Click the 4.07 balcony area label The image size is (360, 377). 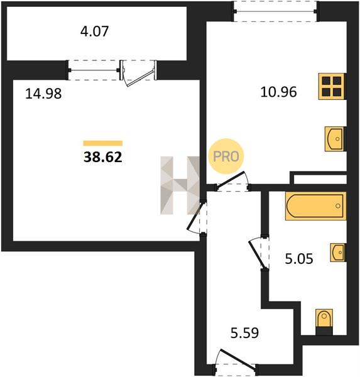tap(94, 31)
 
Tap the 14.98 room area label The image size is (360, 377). tap(43, 94)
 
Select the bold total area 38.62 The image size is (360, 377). tap(103, 157)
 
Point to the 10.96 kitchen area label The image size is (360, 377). tap(278, 92)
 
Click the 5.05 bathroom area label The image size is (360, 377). tap(299, 259)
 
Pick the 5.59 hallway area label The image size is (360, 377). tap(244, 333)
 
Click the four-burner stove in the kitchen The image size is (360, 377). tap(332, 86)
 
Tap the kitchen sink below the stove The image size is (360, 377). tap(335, 139)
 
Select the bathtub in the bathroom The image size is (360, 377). tap(316, 206)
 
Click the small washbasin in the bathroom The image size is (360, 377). tap(338, 252)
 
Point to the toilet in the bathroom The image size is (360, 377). tap(324, 322)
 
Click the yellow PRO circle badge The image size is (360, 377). tap(226, 156)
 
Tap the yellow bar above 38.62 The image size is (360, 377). tap(103, 143)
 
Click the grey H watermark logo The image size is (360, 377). tap(180, 185)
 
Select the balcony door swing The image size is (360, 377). tap(139, 74)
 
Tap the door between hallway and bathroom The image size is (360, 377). tap(259, 253)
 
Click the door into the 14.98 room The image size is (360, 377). tap(197, 217)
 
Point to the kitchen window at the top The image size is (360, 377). tap(276, 11)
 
